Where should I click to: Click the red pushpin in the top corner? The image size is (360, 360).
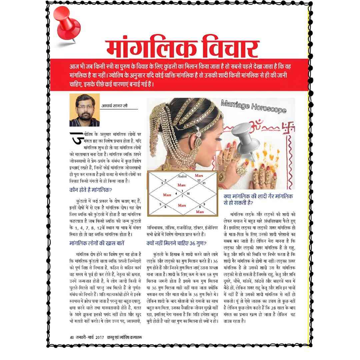click(68, 24)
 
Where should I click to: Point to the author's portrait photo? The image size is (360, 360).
click(84, 110)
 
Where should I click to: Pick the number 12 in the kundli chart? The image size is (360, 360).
click(199, 180)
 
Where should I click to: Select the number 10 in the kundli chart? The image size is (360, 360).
click(188, 193)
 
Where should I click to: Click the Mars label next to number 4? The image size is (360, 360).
click(167, 194)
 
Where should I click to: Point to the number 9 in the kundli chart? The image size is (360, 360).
click(204, 204)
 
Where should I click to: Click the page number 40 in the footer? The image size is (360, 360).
click(72, 337)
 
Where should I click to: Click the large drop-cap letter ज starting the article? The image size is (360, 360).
click(75, 138)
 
